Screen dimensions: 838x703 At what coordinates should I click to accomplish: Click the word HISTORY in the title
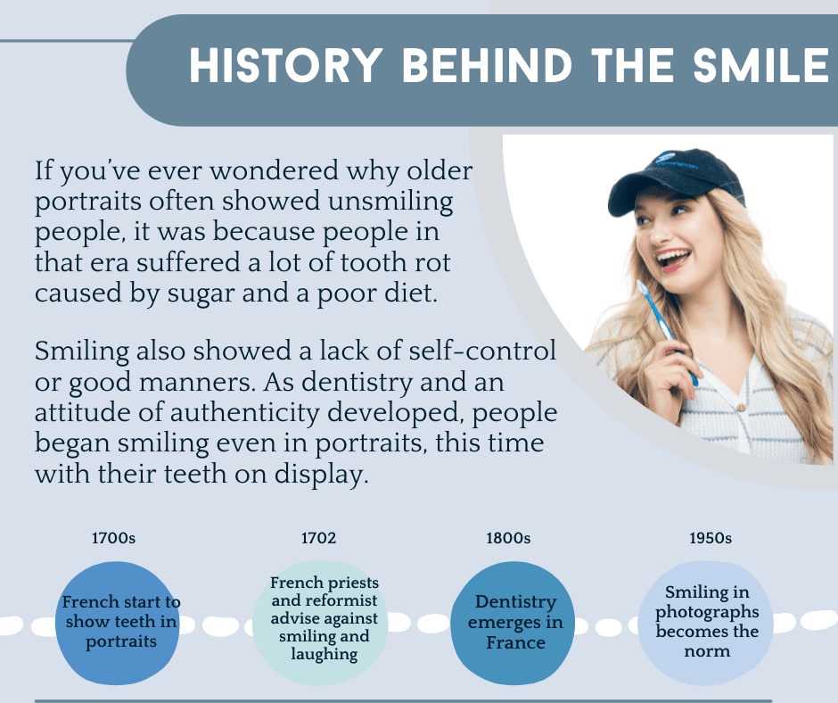coord(286,65)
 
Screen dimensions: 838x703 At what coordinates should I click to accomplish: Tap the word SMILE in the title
coord(761,65)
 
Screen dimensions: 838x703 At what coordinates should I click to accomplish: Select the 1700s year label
coord(113,538)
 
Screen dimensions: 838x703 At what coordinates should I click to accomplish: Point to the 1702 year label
coord(318,538)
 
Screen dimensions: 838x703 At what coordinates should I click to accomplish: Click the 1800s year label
coord(508,538)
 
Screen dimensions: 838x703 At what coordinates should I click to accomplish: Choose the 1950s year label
coord(711,538)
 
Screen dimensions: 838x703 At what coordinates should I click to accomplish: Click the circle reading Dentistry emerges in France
coord(513,623)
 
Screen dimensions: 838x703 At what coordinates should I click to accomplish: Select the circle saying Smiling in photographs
coord(705,623)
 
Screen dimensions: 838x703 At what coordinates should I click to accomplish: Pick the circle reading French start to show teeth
coord(118,623)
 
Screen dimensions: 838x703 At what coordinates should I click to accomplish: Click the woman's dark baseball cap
coord(675,179)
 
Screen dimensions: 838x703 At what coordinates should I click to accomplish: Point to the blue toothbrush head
coord(643,288)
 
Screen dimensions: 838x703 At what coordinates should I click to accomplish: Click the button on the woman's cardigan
coord(741,408)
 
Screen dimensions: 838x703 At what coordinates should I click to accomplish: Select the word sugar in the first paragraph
coord(201,294)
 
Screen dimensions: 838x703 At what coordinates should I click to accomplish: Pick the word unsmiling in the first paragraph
coord(390,202)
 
